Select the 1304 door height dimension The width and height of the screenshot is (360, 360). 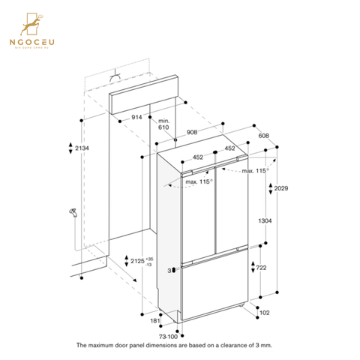[x=265, y=221]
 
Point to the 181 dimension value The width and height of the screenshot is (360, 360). [x=154, y=322]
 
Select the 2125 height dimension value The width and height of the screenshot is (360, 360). [x=137, y=261]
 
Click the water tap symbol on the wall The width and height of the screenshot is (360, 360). [x=73, y=214]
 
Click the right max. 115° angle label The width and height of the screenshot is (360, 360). [x=255, y=171]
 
